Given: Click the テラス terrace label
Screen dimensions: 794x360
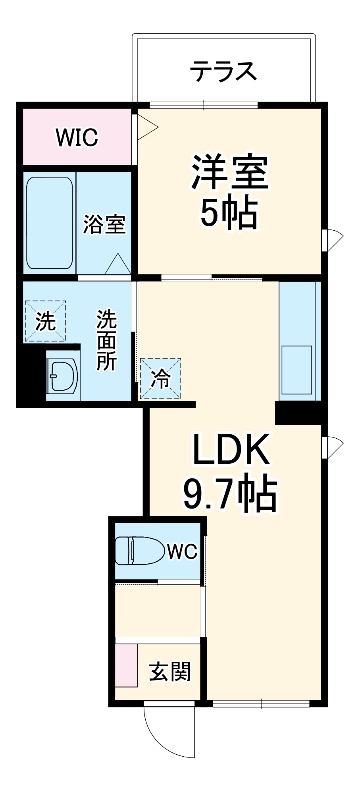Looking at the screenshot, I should pyautogui.click(x=223, y=71).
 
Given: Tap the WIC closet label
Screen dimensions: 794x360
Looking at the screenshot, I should pyautogui.click(x=77, y=137).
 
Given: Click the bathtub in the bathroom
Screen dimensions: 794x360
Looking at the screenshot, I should pyautogui.click(x=50, y=223).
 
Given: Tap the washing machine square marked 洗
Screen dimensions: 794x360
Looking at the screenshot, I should pyautogui.click(x=45, y=321).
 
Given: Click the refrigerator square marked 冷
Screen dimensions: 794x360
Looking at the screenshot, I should pyautogui.click(x=161, y=379).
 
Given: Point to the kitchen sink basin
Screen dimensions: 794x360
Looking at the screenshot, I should pyautogui.click(x=296, y=370).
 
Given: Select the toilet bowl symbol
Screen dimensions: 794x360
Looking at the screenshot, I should pyautogui.click(x=139, y=551).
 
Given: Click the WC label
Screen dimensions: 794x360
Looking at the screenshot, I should pyautogui.click(x=182, y=551).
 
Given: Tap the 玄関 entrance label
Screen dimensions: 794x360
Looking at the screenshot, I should pyautogui.click(x=170, y=671).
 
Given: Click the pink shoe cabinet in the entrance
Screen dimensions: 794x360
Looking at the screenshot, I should pyautogui.click(x=126, y=665).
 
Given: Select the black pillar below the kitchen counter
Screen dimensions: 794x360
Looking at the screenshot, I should pyautogui.click(x=300, y=413).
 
